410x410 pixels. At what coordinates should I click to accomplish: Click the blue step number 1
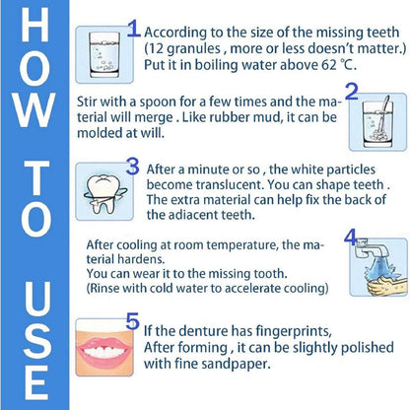point(133,28)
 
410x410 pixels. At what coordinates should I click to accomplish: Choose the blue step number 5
point(133,322)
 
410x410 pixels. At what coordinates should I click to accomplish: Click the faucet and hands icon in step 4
point(376,271)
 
